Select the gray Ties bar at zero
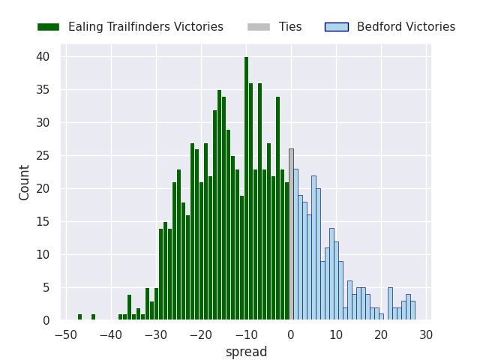tap(291, 235)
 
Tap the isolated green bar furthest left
tap(79, 317)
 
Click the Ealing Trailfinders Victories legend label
tap(145, 27)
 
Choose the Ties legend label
tap(290, 27)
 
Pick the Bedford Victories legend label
tap(406, 27)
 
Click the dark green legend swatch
tap(48, 27)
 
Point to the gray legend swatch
tap(259, 27)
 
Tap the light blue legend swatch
tap(337, 27)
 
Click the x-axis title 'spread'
tap(246, 352)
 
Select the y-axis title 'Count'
tap(25, 182)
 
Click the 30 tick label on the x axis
tap(426, 335)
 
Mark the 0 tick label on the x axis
tap(291, 335)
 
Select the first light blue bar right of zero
tap(295, 244)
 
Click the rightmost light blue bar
tap(412, 310)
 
